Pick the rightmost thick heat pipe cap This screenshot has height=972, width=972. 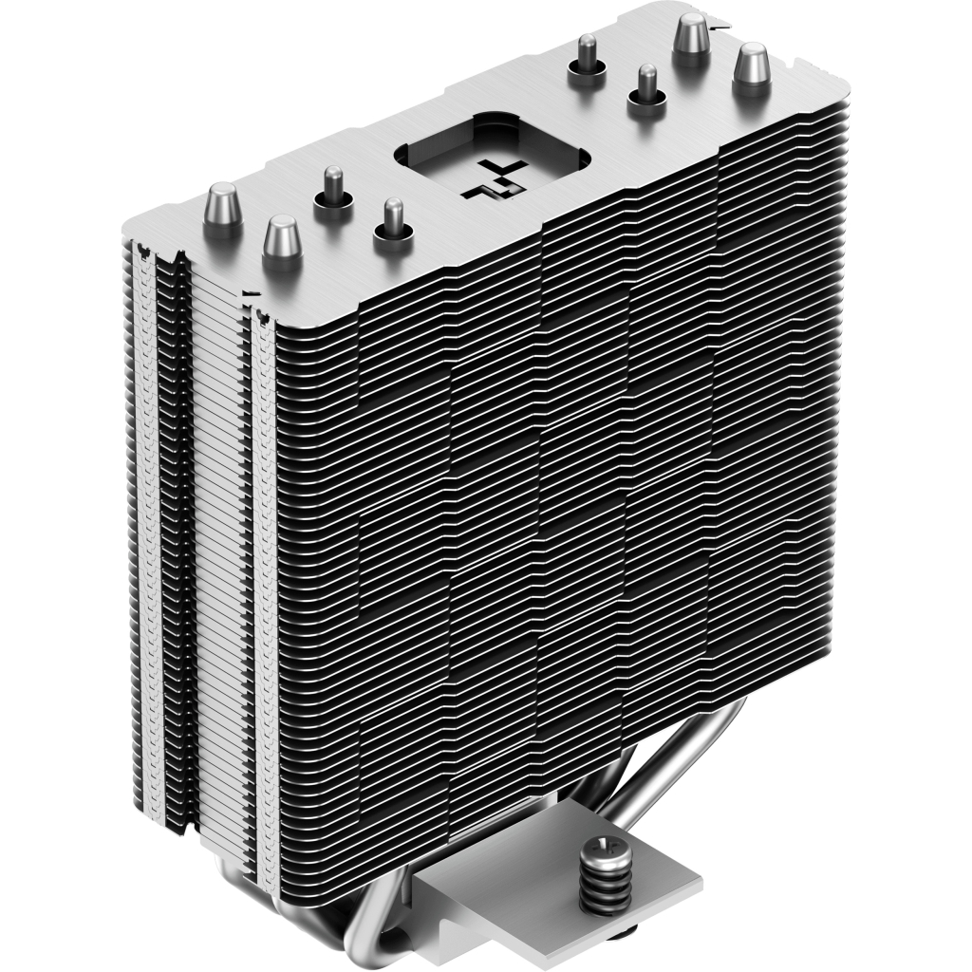pyautogui.click(x=752, y=68)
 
